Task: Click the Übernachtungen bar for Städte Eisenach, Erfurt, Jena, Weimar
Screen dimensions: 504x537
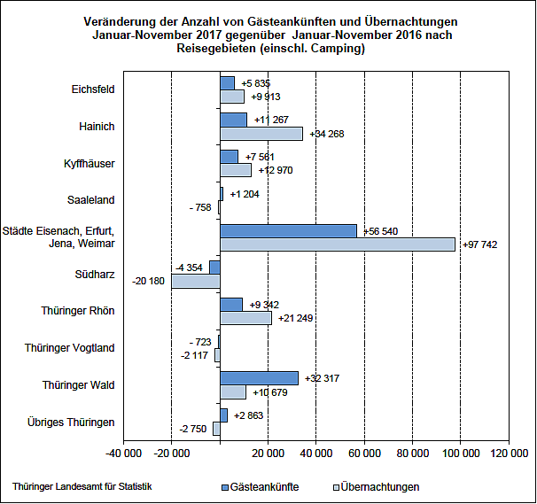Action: pyautogui.click(x=337, y=244)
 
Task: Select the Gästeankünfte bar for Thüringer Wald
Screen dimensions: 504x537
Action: pyautogui.click(x=259, y=378)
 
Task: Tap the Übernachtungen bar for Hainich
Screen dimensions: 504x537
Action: pyautogui.click(x=261, y=134)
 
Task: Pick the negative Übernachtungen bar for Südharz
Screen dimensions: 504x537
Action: pyautogui.click(x=195, y=281)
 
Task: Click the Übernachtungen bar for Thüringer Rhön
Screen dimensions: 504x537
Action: pyautogui.click(x=245, y=318)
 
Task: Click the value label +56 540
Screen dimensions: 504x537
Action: pyautogui.click(x=380, y=230)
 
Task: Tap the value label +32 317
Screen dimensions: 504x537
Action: pyautogui.click(x=322, y=378)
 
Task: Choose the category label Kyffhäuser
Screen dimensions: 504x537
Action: pyautogui.click(x=90, y=164)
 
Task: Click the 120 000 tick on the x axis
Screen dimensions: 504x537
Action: pyautogui.click(x=508, y=454)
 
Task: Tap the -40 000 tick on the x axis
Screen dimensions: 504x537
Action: pyautogui.click(x=122, y=454)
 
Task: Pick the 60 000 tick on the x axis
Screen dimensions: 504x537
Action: pyautogui.click(x=363, y=454)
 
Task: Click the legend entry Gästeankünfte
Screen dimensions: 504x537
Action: pyautogui.click(x=264, y=487)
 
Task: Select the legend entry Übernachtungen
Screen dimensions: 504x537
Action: pyautogui.click(x=376, y=487)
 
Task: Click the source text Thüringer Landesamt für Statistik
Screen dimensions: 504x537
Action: pyautogui.click(x=82, y=486)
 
